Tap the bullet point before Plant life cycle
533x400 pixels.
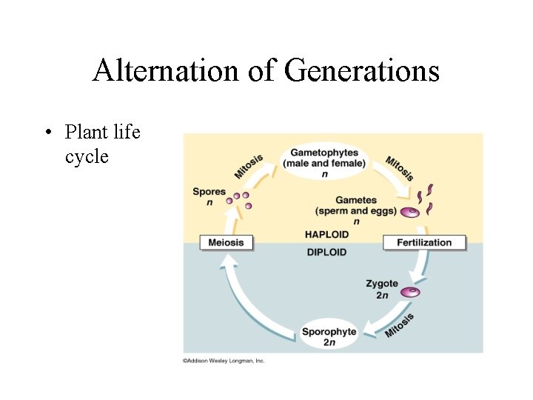47,133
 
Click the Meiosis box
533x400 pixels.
227,242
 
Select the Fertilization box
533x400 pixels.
424,242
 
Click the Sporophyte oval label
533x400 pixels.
329,336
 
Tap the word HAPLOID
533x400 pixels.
326,234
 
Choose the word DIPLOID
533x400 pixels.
326,252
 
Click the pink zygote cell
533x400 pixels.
410,293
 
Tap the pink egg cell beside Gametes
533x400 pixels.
409,213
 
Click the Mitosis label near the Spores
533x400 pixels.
249,164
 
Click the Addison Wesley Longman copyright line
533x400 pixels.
224,361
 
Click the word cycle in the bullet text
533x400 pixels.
87,156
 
